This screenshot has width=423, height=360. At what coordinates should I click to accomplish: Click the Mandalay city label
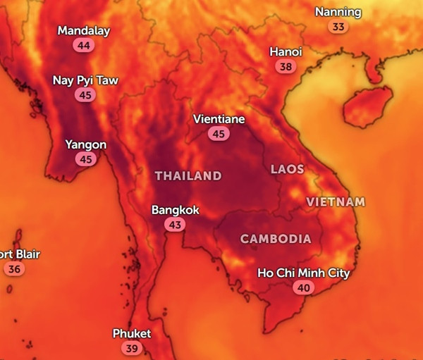point(84,31)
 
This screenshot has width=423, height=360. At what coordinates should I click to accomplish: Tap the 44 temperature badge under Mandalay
point(84,46)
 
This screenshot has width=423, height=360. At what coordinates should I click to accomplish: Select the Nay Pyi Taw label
point(85,80)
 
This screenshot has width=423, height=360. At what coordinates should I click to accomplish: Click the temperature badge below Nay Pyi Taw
point(85,95)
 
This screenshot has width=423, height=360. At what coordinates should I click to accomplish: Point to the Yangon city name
point(86,145)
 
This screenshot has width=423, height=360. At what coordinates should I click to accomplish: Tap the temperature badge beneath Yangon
point(86,160)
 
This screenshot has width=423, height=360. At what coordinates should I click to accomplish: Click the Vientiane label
point(219,119)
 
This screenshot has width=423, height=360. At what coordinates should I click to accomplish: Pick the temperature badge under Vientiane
point(219,134)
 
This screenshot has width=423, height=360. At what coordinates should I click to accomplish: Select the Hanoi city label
point(286,52)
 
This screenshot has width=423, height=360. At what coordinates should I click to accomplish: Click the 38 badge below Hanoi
point(286,67)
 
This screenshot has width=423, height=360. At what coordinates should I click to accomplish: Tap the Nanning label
point(338,12)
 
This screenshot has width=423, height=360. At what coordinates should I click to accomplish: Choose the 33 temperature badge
point(338,27)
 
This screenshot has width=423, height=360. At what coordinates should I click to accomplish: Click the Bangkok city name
point(176,210)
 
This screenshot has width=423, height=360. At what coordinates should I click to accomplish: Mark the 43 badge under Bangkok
point(175,225)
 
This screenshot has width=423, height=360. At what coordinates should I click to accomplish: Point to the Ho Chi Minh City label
point(303,273)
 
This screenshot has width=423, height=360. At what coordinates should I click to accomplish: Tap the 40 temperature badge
point(304,287)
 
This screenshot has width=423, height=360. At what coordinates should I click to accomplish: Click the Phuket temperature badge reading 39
point(131,348)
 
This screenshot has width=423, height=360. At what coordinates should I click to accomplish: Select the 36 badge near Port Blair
point(14,268)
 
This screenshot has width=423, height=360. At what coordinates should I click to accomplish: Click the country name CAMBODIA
point(276,239)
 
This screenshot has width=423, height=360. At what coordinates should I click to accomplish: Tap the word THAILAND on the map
point(188,176)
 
